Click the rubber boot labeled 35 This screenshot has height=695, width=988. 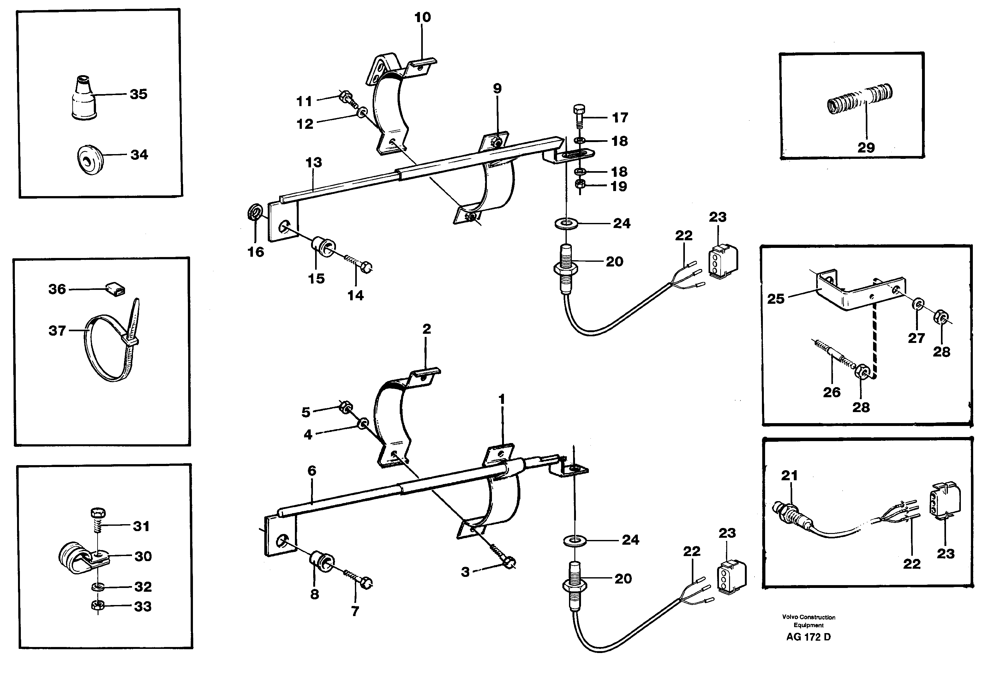[83, 99]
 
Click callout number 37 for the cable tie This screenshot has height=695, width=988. [57, 331]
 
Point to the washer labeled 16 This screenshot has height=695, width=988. [255, 212]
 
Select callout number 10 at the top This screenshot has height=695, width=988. [422, 18]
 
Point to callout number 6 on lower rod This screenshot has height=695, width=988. [312, 471]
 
